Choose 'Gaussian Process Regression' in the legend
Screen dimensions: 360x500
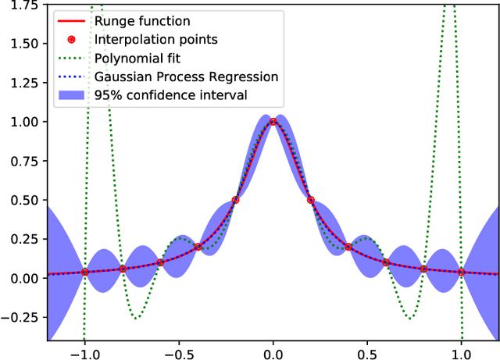tap(186, 77)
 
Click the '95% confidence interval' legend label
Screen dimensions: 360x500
tap(170, 95)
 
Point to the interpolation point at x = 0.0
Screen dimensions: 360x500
tap(273, 121)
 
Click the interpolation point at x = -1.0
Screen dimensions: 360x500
tap(84, 272)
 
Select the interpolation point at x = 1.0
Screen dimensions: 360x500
tap(461, 272)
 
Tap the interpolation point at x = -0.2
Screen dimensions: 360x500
tap(235, 199)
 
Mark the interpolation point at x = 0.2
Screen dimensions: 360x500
tap(310, 199)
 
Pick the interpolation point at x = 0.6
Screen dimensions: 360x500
tap(386, 262)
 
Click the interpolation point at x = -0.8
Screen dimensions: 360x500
tap(122, 269)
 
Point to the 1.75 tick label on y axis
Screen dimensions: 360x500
tap(23, 5)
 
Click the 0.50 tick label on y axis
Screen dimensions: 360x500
tap(23, 200)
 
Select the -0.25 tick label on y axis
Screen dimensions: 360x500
tap(20, 317)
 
